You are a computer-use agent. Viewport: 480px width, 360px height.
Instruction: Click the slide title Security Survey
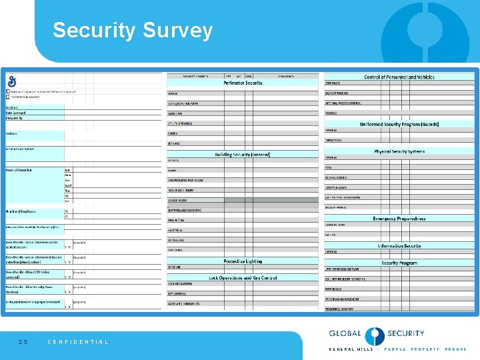tap(133, 31)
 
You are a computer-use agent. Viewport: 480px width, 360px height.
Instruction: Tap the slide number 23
tap(23, 342)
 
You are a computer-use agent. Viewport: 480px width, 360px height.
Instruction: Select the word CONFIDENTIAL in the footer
tap(78, 342)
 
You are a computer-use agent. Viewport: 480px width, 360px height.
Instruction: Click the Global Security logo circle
tap(375, 335)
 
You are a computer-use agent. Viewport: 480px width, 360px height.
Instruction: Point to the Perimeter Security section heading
tap(243, 83)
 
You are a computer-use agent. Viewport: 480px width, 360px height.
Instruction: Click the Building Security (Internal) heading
tap(243, 155)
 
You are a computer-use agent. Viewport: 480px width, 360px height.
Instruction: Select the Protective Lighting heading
tap(243, 261)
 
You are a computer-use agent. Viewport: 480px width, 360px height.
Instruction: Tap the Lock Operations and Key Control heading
tap(243, 277)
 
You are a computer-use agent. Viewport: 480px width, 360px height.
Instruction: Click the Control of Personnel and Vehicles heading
tap(399, 77)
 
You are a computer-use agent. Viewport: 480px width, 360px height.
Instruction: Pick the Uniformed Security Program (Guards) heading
tap(399, 124)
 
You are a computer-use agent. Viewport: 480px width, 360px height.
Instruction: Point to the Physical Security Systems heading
tap(399, 151)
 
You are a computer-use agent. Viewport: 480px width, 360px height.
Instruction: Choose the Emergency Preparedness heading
tap(399, 219)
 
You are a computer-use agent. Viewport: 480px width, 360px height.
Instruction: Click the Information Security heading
tap(399, 245)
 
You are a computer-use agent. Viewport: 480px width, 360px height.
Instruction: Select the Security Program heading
tap(399, 263)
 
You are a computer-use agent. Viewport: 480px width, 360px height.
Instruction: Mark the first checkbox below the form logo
tap(9, 91)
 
